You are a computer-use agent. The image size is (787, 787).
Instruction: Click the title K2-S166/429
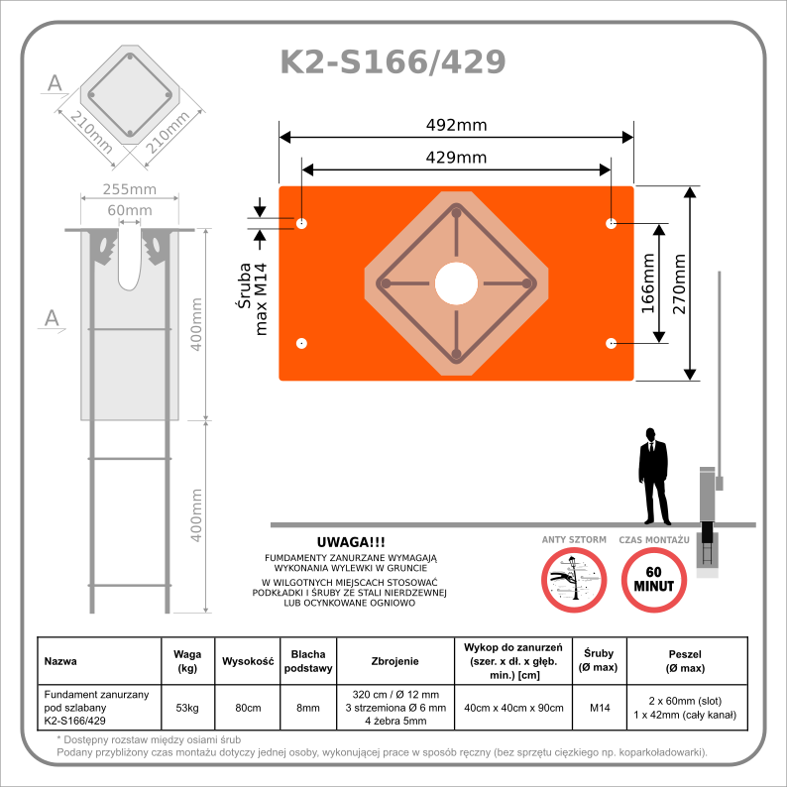393,62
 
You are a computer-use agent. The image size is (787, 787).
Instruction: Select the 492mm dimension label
456,126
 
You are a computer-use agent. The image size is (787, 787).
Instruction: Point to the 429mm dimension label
456,158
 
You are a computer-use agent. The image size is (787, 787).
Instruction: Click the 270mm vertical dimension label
680,283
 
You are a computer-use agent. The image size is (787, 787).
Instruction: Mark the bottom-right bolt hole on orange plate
611,343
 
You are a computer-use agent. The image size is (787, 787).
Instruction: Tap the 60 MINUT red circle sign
653,579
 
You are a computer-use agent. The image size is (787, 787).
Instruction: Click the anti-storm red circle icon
573,579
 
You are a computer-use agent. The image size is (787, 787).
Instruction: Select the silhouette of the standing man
652,477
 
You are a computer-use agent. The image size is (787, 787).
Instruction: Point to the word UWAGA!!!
350,542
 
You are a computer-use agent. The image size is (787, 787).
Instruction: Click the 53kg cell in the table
186,708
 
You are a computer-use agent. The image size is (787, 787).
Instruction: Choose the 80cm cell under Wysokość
246,708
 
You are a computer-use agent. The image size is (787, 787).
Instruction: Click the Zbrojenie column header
395,660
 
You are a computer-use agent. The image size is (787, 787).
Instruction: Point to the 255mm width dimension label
130,189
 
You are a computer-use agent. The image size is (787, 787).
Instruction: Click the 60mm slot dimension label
130,210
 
